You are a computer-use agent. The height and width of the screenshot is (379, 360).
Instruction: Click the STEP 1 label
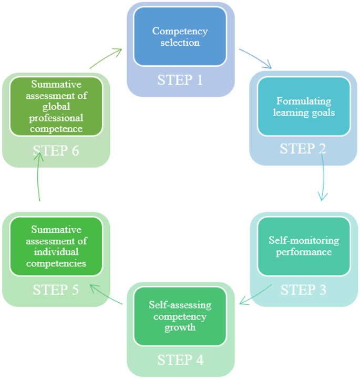[x=180, y=80]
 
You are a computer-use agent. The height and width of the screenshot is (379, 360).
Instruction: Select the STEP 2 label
[x=303, y=149]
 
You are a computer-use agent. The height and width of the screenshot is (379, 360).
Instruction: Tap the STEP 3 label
[x=303, y=290]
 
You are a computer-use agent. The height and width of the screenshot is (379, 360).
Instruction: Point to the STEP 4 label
[x=180, y=360]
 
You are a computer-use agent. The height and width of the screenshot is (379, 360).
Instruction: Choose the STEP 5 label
[x=56, y=290]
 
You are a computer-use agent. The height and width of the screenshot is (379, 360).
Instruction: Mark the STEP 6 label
[x=56, y=151]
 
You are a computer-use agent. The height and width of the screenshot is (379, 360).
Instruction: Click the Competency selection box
[x=180, y=36]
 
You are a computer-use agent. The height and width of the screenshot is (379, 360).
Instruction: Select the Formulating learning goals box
[x=303, y=106]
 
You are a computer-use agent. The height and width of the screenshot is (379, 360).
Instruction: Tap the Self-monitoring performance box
[x=303, y=246]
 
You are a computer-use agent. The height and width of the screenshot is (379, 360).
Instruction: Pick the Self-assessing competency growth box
[x=180, y=316]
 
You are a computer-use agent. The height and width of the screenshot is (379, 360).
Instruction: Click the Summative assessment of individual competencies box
[x=57, y=246]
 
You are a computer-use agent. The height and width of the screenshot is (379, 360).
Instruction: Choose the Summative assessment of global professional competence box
[x=56, y=106]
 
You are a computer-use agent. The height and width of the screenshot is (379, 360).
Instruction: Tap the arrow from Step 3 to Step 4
[x=256, y=295]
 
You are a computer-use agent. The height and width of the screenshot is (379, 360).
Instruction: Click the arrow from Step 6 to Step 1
[x=106, y=58]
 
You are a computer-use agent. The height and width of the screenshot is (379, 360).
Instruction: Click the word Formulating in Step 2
[x=304, y=101]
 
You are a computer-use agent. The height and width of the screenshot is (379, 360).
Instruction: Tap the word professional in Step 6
[x=56, y=119]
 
